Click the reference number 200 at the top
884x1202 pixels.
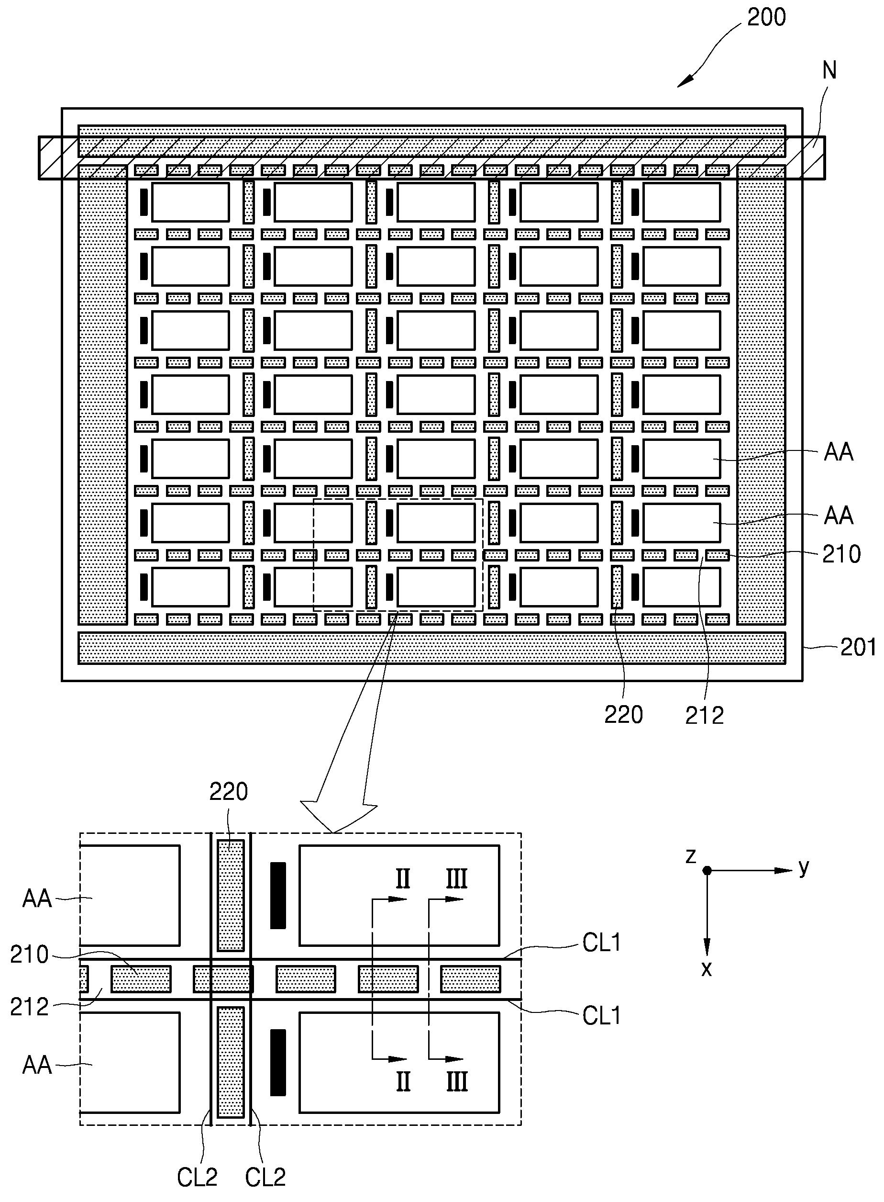766,18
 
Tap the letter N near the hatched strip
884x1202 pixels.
829,70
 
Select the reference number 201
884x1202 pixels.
858,647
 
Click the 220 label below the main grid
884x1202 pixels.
623,715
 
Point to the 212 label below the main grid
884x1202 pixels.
704,715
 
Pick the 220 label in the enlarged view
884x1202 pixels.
229,791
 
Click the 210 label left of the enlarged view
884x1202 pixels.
30,954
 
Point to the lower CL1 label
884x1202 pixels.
602,1016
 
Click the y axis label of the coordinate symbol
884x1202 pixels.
804,867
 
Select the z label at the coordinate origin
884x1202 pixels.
691,855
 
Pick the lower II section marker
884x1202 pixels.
403,1081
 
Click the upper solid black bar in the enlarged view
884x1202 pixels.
278,895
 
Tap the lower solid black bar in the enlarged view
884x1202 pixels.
278,1062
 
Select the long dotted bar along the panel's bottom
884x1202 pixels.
432,648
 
